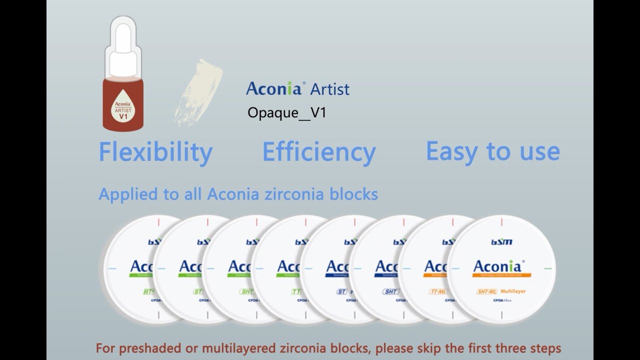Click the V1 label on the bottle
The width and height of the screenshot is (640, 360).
123,116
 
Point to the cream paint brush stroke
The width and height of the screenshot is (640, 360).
198,92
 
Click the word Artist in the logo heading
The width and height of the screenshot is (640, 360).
329,89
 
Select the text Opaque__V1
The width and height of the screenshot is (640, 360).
286,112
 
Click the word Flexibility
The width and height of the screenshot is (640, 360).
155,152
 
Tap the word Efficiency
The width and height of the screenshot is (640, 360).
319,152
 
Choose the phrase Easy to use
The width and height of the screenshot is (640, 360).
492,151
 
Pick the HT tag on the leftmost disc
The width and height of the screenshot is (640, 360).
148,291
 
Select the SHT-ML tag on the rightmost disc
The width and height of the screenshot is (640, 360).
486,291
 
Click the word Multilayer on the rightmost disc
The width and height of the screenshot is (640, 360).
513,291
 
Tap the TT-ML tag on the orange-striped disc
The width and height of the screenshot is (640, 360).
437,291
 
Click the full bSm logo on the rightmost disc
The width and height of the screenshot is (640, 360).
501,242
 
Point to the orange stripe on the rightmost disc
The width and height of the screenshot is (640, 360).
501,275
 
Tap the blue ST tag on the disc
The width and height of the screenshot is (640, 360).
341,291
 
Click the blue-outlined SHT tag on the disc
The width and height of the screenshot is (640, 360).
390,291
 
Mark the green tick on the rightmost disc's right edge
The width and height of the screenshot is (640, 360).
548,268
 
